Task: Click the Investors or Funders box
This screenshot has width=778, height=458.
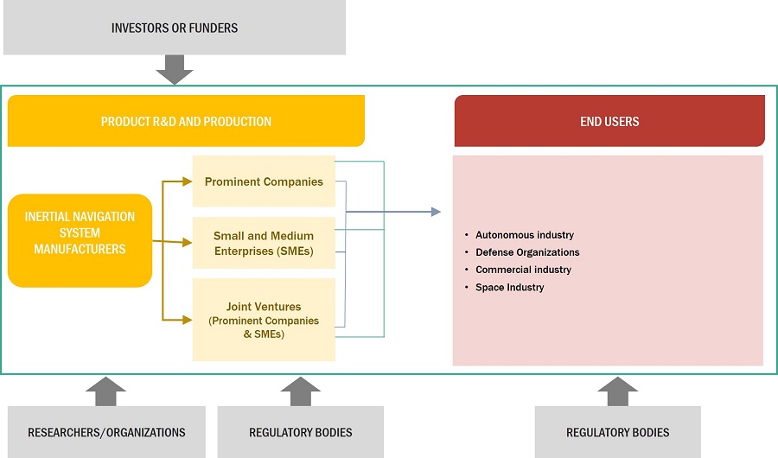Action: (x=174, y=28)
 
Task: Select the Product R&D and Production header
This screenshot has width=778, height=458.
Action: (x=186, y=121)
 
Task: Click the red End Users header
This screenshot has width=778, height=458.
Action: (x=609, y=121)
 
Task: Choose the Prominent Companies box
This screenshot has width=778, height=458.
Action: (x=264, y=181)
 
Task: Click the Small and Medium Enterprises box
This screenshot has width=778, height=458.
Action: (x=264, y=243)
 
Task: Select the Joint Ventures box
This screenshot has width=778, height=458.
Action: (x=264, y=320)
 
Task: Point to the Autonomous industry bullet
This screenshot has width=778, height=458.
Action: (x=524, y=235)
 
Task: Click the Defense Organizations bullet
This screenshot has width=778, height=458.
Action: (x=527, y=252)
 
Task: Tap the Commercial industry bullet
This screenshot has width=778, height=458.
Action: (x=523, y=270)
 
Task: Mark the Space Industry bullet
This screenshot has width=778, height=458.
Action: (x=509, y=287)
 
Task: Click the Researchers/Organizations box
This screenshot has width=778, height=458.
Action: (x=106, y=432)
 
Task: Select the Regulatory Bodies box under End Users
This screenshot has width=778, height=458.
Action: (x=617, y=432)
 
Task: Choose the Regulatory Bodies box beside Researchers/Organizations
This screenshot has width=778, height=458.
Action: (x=300, y=432)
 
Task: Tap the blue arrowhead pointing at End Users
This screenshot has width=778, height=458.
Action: (x=435, y=212)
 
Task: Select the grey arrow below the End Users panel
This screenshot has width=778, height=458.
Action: (x=617, y=390)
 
